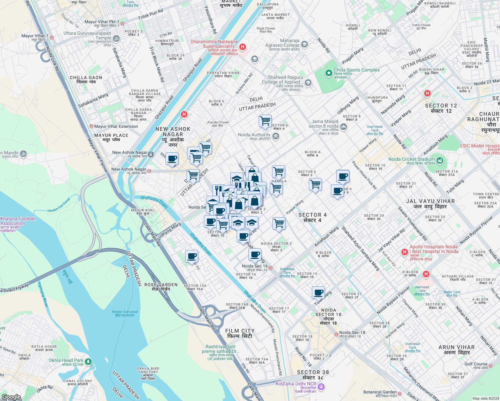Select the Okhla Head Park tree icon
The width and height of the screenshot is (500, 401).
point(88,362)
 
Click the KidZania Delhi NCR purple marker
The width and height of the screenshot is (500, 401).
point(321,387)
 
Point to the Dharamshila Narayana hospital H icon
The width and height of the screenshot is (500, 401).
point(243,47)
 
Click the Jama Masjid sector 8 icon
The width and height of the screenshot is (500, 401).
point(344,127)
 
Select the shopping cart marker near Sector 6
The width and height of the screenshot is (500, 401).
point(265,121)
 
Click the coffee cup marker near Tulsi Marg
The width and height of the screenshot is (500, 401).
point(318,293)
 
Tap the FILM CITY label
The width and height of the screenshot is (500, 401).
point(240,333)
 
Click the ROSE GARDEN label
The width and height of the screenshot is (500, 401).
point(161,287)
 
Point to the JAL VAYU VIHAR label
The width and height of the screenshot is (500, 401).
point(430,204)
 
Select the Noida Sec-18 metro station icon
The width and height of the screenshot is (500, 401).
point(337,334)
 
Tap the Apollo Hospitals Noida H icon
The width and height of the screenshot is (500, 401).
point(404,252)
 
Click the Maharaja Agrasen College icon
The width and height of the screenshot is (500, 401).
point(304,44)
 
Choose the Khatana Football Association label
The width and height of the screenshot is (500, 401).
point(18,221)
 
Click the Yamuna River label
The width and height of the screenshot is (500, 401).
point(43,294)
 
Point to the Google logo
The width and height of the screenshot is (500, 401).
point(11,397)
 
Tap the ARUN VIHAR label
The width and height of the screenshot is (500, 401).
point(456,350)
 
